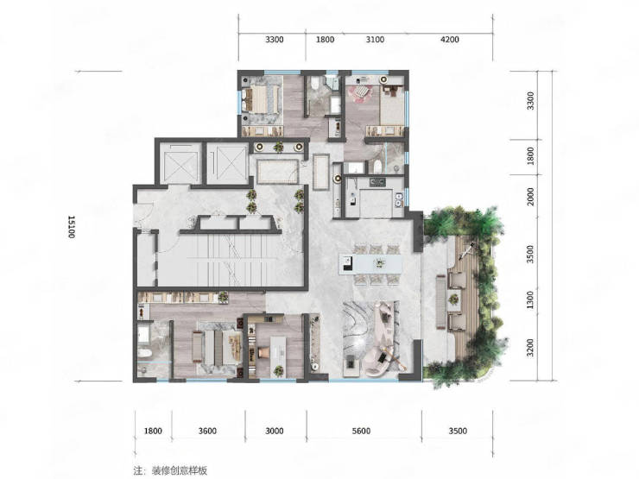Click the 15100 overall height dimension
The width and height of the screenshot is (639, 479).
coord(72,227)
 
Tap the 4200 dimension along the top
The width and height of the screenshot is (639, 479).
coord(450,40)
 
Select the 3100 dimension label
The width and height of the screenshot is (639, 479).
coord(375,40)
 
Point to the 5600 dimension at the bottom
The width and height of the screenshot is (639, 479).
coord(361,431)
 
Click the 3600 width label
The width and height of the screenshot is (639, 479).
coord(207,431)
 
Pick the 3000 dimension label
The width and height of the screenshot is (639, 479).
coord(275,431)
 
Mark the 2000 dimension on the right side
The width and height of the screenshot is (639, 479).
coord(530,196)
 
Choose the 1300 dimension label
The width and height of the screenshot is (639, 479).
coord(530,299)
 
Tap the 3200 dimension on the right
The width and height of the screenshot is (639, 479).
coord(530,348)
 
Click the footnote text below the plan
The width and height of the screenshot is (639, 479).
coord(170,470)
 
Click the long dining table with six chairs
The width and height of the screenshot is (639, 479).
coord(370,263)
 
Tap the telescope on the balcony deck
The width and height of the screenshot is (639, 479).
coord(466,252)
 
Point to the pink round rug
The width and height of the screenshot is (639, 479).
coord(360,94)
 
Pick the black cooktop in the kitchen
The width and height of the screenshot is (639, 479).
coord(377,181)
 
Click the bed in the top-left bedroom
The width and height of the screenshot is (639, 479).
coord(264,99)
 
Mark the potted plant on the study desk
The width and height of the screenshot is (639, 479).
coord(278,370)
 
